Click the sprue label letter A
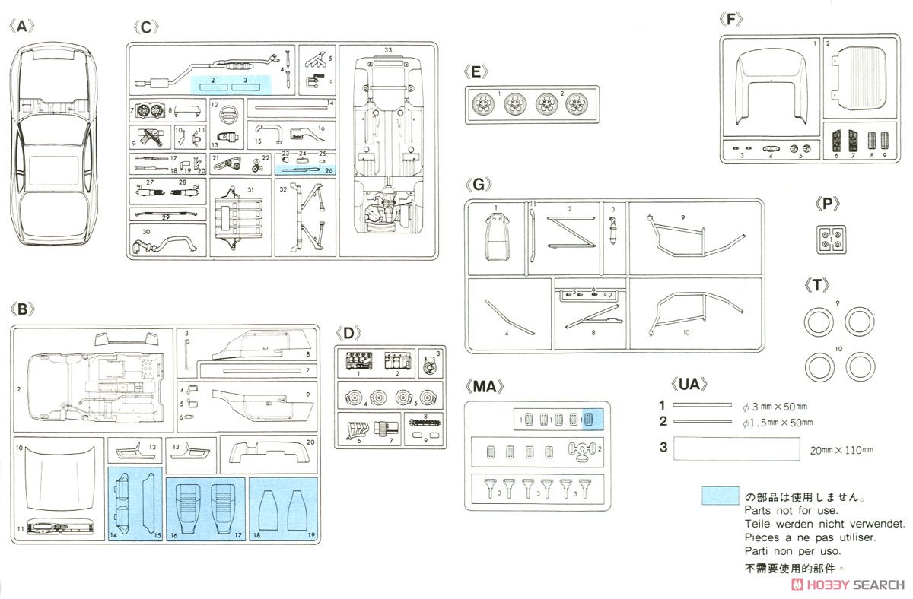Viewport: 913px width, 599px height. point(21,27)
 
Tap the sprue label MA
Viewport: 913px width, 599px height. point(484,386)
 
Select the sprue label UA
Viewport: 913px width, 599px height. point(689,384)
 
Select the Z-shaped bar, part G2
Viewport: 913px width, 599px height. point(571,232)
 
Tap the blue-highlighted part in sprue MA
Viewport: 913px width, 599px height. point(588,419)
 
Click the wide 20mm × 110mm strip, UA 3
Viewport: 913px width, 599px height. point(736,448)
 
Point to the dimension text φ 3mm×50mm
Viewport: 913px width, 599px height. point(775,407)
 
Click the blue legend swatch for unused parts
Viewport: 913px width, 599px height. point(720,496)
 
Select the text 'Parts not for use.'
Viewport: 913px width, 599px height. point(791,510)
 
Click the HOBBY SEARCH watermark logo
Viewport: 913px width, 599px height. point(848,585)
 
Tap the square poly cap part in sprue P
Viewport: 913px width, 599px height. point(831,239)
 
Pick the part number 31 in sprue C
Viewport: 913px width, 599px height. point(250,190)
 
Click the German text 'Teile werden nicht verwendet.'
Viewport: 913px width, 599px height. point(825,524)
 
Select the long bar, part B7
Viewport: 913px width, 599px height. point(262,371)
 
